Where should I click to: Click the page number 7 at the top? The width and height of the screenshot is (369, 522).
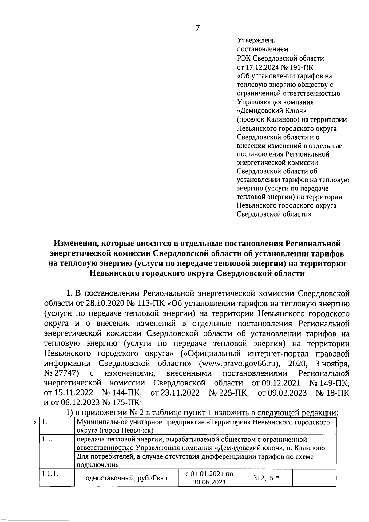(197, 28)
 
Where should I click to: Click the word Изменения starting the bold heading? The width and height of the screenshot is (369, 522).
(74, 244)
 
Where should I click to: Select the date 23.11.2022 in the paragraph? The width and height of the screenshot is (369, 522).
(175, 393)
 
